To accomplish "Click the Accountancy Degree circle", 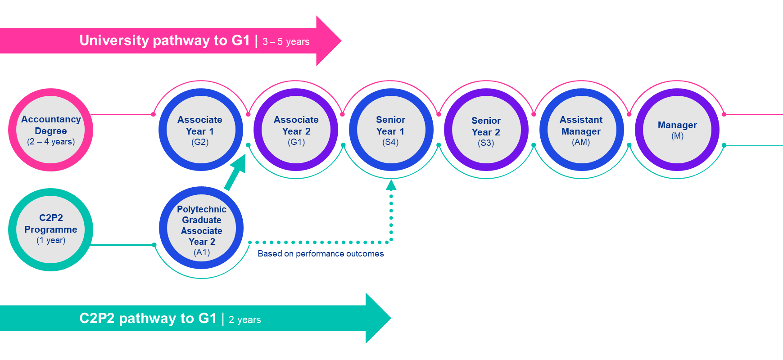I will pyautogui.click(x=50, y=130).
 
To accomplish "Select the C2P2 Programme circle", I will pyautogui.click(x=50, y=229).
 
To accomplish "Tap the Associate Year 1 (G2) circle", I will pyautogui.click(x=200, y=130).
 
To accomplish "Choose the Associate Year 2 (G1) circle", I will pyautogui.click(x=296, y=130).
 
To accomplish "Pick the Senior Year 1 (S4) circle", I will pyautogui.click(x=391, y=130).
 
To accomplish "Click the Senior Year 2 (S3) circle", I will pyautogui.click(x=486, y=130).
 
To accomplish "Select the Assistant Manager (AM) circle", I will pyautogui.click(x=581, y=130).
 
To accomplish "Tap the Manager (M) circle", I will pyautogui.click(x=677, y=130).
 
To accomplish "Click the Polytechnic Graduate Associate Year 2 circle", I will pyautogui.click(x=201, y=228).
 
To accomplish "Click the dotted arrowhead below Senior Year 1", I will pyautogui.click(x=391, y=185).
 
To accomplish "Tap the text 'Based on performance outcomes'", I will pyautogui.click(x=321, y=254).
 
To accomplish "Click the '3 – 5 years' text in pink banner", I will pyautogui.click(x=286, y=42).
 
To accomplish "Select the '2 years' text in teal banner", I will pyautogui.click(x=244, y=320).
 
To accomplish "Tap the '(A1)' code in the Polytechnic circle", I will pyautogui.click(x=202, y=252).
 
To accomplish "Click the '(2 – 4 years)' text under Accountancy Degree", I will pyautogui.click(x=51, y=142).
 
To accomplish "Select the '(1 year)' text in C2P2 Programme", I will pyautogui.click(x=51, y=240).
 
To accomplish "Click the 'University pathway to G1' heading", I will pyautogui.click(x=164, y=40).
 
